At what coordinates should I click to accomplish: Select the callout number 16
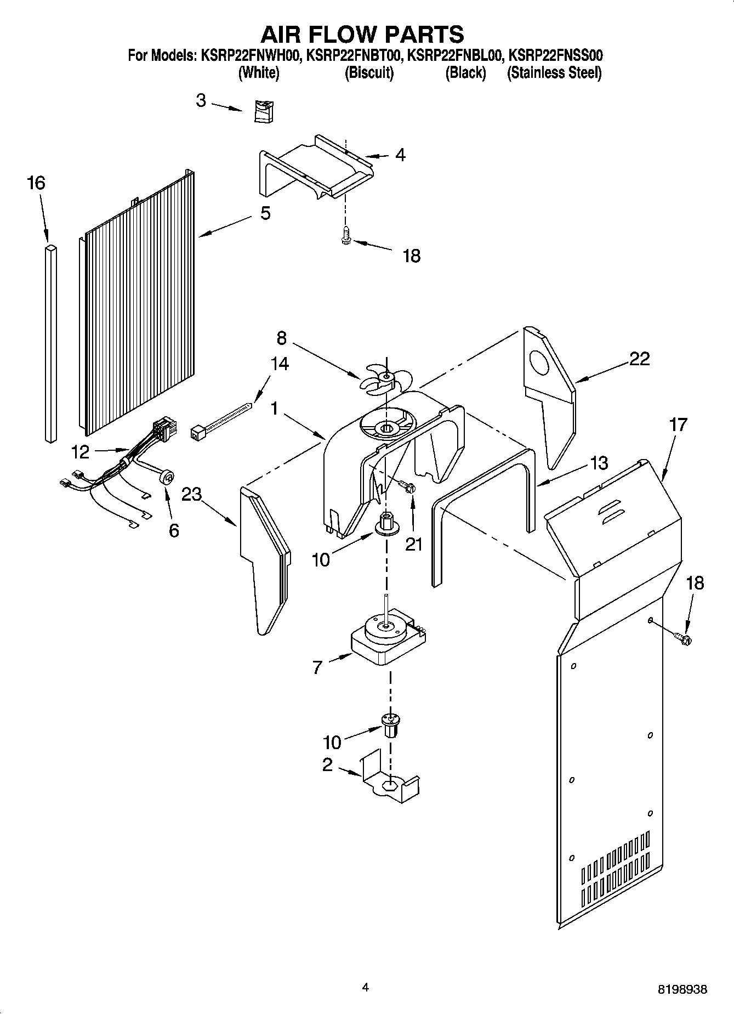point(36,183)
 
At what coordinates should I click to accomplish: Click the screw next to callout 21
point(407,486)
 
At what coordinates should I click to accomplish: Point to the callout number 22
point(639,359)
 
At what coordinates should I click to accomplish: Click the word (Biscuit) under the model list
point(369,72)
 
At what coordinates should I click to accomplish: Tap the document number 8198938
point(682,989)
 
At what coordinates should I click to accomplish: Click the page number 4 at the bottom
point(365,988)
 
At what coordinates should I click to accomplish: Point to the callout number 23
point(192,494)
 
